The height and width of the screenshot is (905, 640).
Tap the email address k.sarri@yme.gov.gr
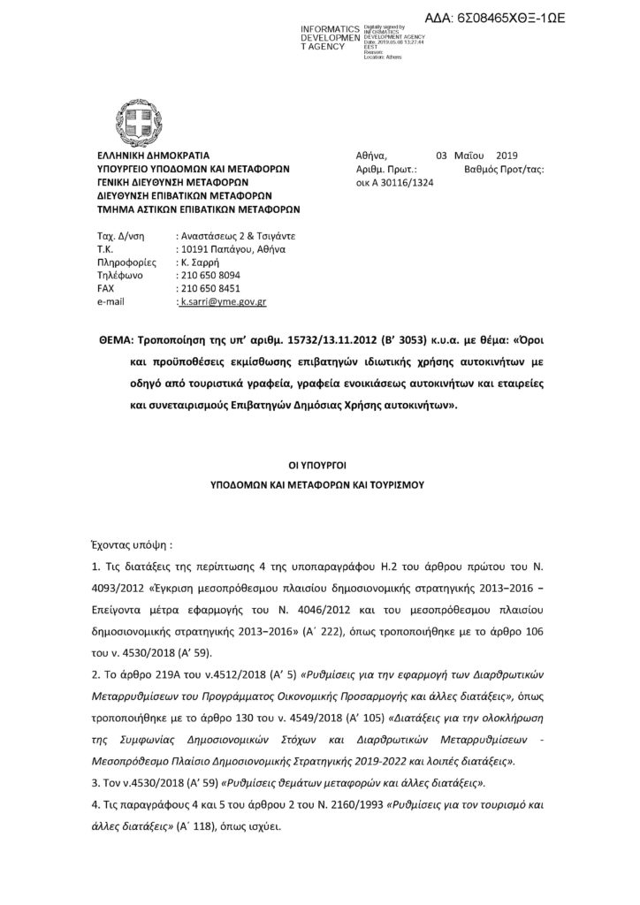(x=223, y=301)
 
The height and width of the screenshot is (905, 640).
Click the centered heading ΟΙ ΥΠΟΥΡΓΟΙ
(x=318, y=462)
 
